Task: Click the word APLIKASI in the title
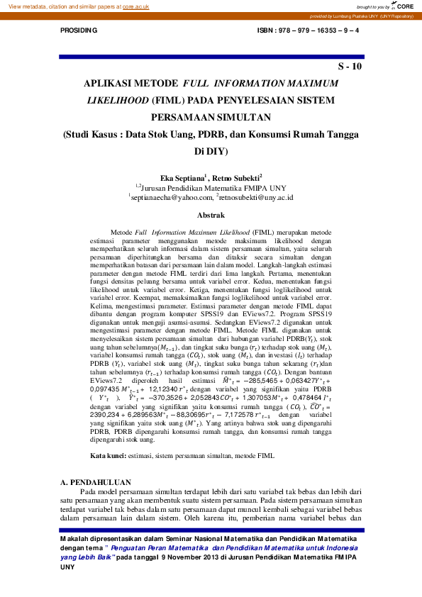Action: tap(115, 84)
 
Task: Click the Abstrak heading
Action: tap(211, 215)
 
